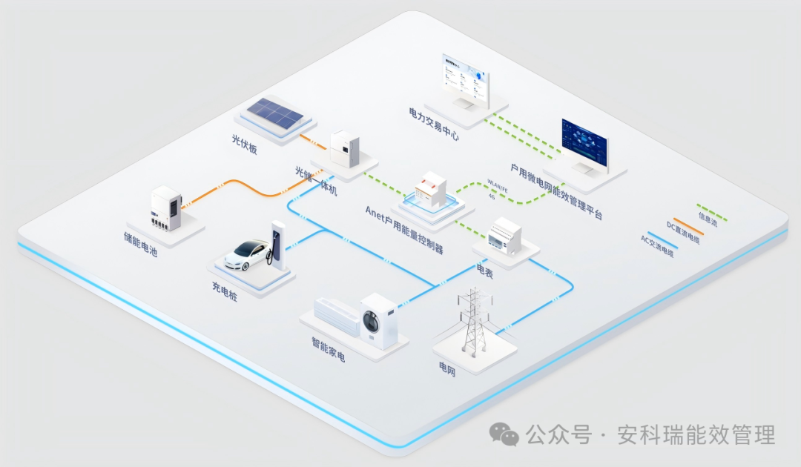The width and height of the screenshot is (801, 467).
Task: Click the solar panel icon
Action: coord(275,113)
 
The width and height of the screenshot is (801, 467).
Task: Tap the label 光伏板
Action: coord(245,144)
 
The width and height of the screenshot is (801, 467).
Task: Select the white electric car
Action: coord(246,253)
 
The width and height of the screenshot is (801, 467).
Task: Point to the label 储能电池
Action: coord(141,245)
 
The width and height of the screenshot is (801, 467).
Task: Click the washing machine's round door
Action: coord(372,323)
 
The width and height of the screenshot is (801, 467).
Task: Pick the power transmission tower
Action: coord(474,319)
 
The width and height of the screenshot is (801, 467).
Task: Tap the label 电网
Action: coord(447,368)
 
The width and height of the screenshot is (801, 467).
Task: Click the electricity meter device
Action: coord(504,235)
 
